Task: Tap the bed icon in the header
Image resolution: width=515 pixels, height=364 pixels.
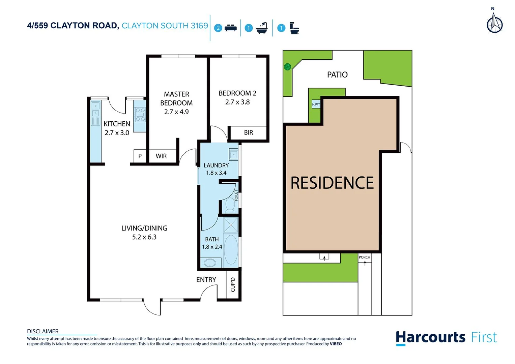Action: [230, 28]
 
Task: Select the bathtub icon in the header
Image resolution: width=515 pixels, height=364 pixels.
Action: [262, 28]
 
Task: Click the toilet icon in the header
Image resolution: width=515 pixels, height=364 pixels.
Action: [294, 28]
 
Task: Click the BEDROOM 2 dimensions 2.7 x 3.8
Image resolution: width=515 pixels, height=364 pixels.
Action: [237, 102]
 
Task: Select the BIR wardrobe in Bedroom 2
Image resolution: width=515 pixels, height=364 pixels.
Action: [248, 132]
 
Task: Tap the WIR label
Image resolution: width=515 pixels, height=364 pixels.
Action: [161, 156]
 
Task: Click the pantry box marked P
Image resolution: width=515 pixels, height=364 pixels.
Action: [140, 156]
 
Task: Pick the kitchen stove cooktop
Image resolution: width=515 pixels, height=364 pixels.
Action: [140, 115]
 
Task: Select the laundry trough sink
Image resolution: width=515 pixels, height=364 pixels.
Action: [233, 155]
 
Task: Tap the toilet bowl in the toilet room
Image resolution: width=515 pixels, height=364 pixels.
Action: [230, 205]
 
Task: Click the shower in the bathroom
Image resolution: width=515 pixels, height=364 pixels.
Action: [231, 225]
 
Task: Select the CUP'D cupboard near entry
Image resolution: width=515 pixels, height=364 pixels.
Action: [233, 285]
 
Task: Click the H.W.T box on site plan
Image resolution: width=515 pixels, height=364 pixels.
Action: [316, 104]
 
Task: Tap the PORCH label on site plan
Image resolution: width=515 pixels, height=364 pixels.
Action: [364, 257]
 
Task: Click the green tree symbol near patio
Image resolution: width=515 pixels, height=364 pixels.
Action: [287, 67]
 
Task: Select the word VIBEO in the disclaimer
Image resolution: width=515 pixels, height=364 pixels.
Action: [336, 344]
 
